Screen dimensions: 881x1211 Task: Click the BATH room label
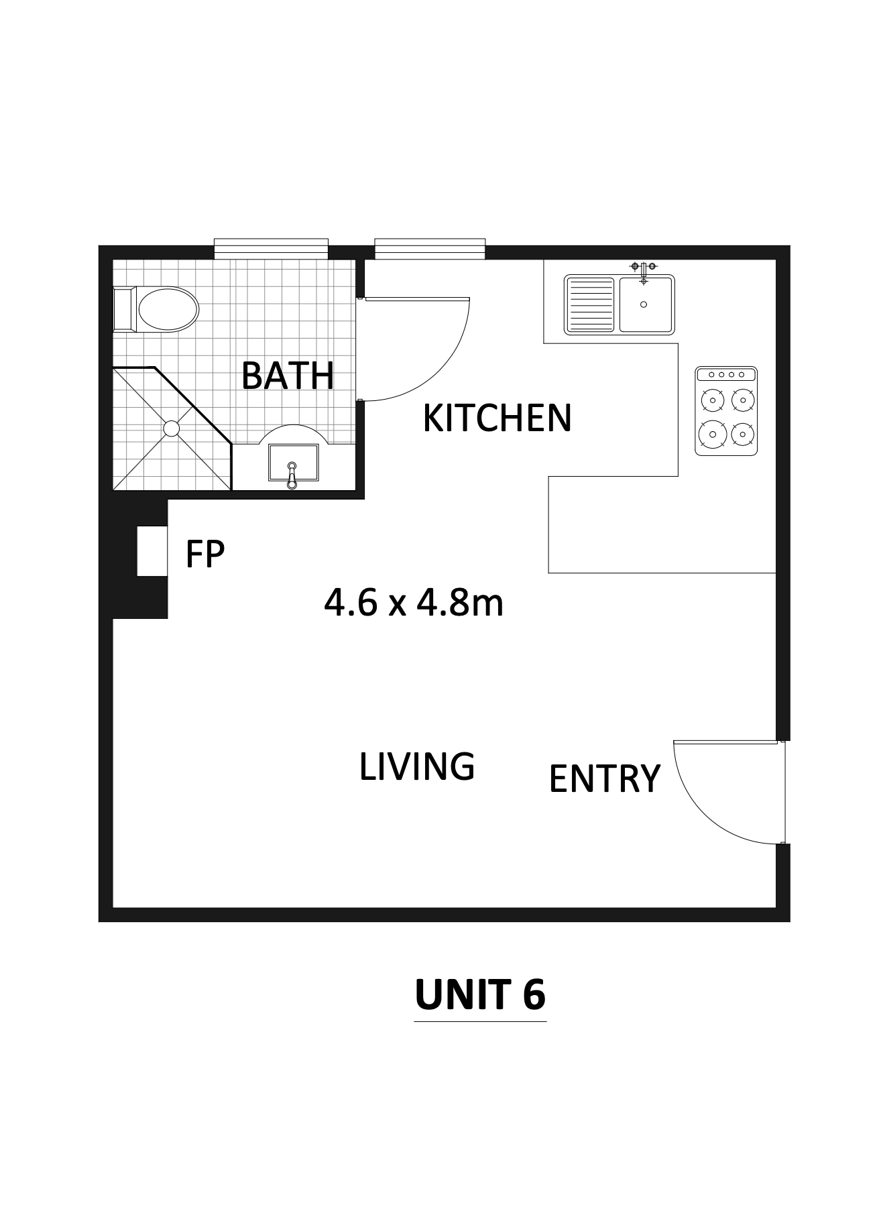pyautogui.click(x=287, y=376)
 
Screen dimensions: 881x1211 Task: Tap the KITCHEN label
pyautogui.click(x=497, y=418)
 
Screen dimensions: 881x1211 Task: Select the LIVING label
pyautogui.click(x=417, y=766)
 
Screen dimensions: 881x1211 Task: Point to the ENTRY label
pyautogui.click(x=605, y=778)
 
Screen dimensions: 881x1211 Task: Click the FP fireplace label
pyautogui.click(x=204, y=554)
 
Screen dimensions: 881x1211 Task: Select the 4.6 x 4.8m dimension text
pyautogui.click(x=414, y=603)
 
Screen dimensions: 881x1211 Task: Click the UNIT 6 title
pyautogui.click(x=480, y=994)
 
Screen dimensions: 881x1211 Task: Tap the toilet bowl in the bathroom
pyautogui.click(x=168, y=309)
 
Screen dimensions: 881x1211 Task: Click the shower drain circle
pyautogui.click(x=172, y=428)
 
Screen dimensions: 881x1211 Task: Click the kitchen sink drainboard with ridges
pyautogui.click(x=590, y=305)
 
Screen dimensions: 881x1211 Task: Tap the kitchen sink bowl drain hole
pyautogui.click(x=644, y=304)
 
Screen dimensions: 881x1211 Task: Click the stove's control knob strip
pyautogui.click(x=726, y=374)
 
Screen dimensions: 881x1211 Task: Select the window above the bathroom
pyautogui.click(x=271, y=249)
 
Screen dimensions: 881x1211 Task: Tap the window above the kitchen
pyautogui.click(x=430, y=249)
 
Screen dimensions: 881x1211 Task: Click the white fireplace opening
pyautogui.click(x=152, y=551)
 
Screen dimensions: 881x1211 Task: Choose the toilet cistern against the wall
pyautogui.click(x=125, y=309)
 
